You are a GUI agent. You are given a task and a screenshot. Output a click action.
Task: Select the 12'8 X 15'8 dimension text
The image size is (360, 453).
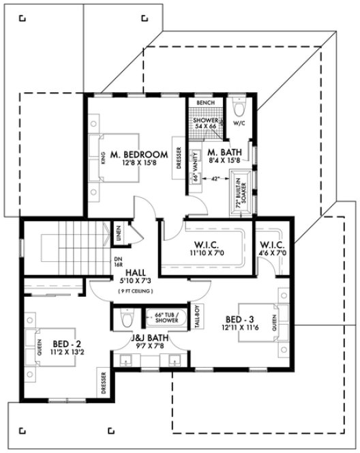tap(139, 163)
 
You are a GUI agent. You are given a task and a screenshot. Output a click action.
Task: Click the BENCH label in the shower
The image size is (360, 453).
tap(205, 103)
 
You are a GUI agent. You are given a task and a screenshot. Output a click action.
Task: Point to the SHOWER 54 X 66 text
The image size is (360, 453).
tap(205, 123)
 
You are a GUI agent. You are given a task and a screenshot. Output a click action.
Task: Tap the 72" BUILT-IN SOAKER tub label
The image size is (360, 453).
tap(239, 193)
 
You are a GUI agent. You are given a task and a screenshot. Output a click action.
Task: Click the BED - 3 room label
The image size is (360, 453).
tap(241, 319)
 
